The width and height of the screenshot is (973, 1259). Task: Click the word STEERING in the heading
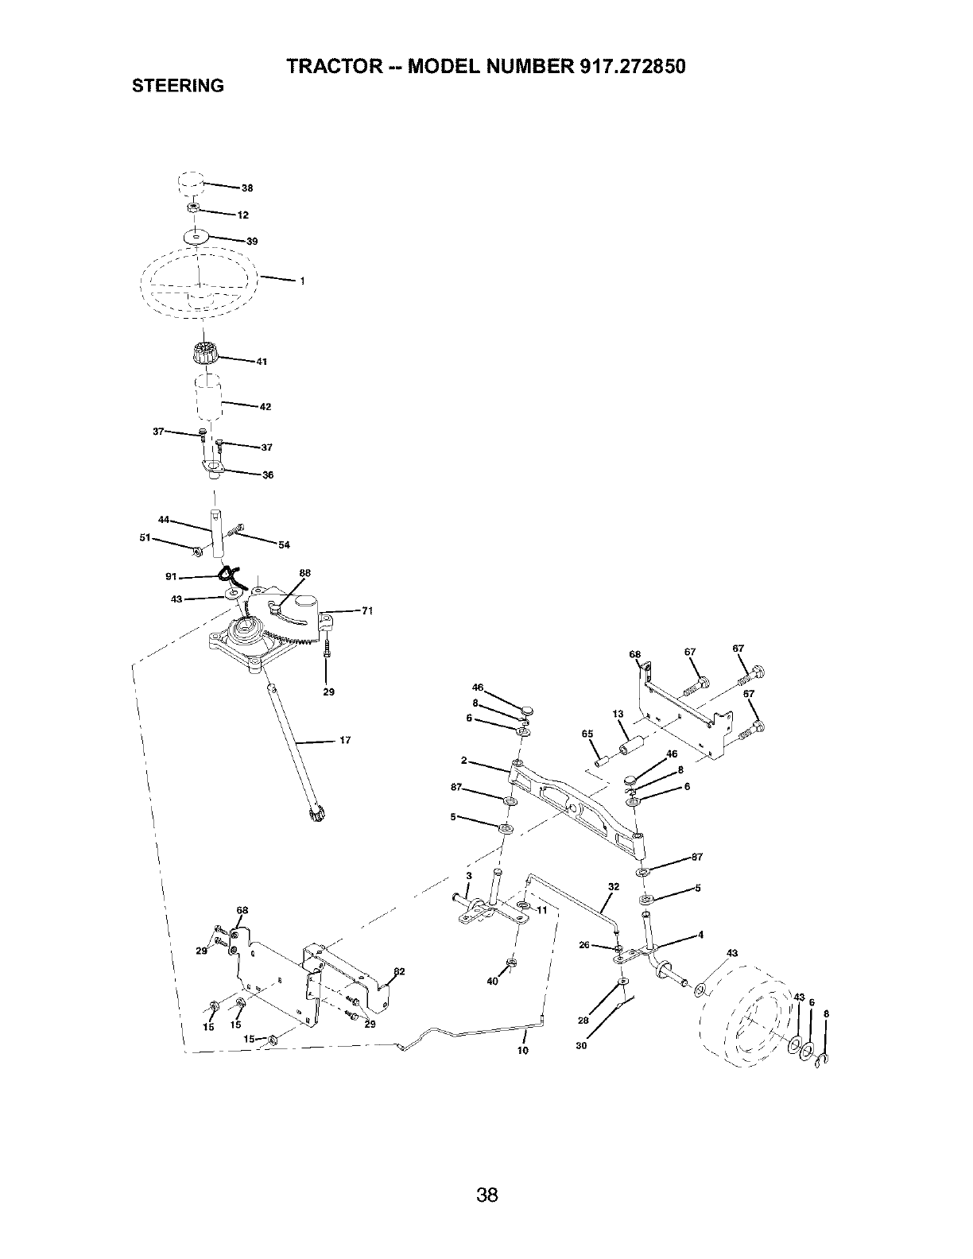pyautogui.click(x=177, y=86)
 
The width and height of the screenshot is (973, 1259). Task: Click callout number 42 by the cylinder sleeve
pyautogui.click(x=266, y=407)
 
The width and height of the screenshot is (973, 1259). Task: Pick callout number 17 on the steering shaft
pyautogui.click(x=344, y=741)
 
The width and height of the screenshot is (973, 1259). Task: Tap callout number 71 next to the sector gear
pyautogui.click(x=366, y=611)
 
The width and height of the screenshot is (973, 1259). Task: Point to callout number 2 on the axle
pyautogui.click(x=463, y=761)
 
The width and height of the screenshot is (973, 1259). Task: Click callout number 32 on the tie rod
pyautogui.click(x=612, y=885)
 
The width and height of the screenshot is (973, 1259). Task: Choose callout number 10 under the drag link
pyautogui.click(x=522, y=1050)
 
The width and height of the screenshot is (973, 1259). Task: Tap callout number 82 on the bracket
pyautogui.click(x=399, y=971)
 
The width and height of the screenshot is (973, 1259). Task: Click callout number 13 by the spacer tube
pyautogui.click(x=618, y=714)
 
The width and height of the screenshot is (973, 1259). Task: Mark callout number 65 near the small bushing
pyautogui.click(x=587, y=734)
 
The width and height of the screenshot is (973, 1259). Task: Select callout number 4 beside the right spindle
pyautogui.click(x=700, y=935)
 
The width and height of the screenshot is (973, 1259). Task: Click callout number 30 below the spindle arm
pyautogui.click(x=580, y=1046)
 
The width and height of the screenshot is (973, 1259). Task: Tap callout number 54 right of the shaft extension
pyautogui.click(x=284, y=544)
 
